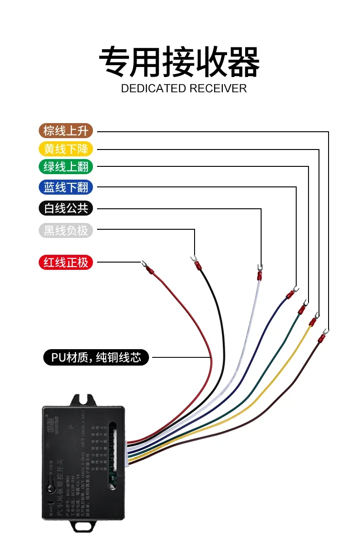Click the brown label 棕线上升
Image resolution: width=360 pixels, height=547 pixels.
66,131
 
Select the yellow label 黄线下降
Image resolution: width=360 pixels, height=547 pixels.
66,149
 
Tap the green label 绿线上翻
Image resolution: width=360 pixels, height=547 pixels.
66,167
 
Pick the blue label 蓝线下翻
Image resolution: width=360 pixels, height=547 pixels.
66,187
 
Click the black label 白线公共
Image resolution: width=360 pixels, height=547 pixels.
66,208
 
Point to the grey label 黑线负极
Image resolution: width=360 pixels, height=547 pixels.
66,231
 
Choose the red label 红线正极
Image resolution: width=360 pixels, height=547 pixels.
66,263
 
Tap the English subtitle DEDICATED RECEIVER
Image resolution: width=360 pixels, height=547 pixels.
184,88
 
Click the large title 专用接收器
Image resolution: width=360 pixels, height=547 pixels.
180,62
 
